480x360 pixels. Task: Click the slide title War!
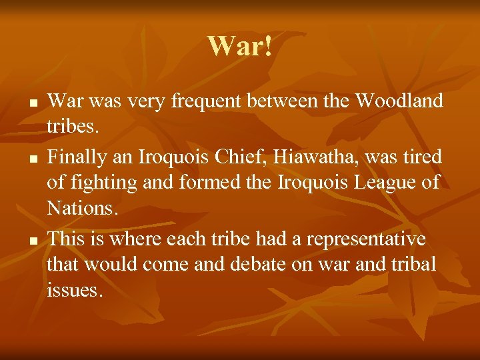click(239, 46)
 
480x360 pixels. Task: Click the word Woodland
click(399, 101)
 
